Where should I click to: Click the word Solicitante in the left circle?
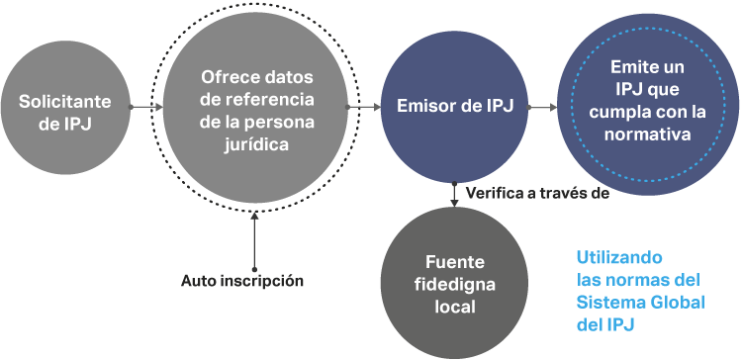(x=65, y=102)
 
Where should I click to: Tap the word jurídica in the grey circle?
(x=256, y=144)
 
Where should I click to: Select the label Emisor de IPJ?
(x=455, y=107)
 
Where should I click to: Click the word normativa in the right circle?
(x=647, y=135)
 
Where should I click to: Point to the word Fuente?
(x=455, y=262)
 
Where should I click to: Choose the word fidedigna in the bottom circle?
(x=455, y=285)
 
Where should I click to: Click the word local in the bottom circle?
(x=455, y=308)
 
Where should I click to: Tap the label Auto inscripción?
(x=242, y=281)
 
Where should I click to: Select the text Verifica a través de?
(x=537, y=193)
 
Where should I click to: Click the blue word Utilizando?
(x=619, y=258)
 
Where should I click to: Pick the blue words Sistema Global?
(x=641, y=303)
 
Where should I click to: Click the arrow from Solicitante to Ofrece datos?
(x=145, y=108)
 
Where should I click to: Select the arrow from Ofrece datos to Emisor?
(x=363, y=108)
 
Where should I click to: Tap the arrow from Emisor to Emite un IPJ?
(x=542, y=108)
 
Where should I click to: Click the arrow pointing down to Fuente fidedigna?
(x=454, y=194)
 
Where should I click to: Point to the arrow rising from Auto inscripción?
(x=254, y=241)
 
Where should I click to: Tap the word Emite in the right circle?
(x=628, y=66)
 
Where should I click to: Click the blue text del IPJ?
(x=605, y=325)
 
